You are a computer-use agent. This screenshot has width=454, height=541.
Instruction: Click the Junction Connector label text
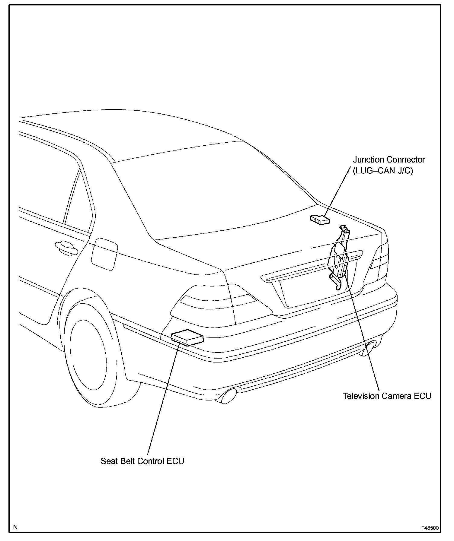389,160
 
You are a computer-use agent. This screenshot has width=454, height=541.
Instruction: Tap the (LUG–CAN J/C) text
382,171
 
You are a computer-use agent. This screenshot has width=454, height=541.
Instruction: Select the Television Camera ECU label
387,396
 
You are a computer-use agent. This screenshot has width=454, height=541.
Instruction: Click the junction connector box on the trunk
320,220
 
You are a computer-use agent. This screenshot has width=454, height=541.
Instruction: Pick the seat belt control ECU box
187,337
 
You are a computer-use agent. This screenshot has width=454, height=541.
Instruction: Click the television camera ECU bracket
340,256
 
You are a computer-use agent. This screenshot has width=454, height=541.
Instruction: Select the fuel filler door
104,253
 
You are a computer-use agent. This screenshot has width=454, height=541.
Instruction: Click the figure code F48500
430,528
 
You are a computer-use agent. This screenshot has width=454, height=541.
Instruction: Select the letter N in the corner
15,527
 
